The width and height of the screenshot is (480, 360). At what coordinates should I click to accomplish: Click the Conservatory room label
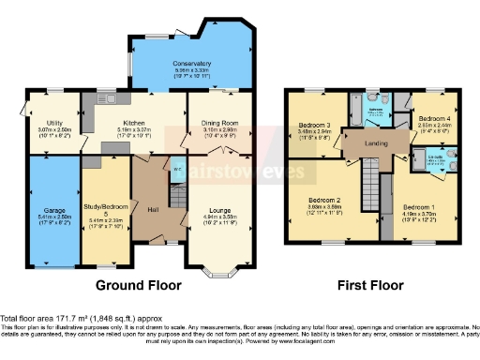[191, 64]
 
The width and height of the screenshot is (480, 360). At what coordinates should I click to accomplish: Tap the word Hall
[152, 209]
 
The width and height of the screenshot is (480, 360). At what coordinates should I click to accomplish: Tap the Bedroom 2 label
[325, 200]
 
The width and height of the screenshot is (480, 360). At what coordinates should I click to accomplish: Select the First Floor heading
[372, 284]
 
